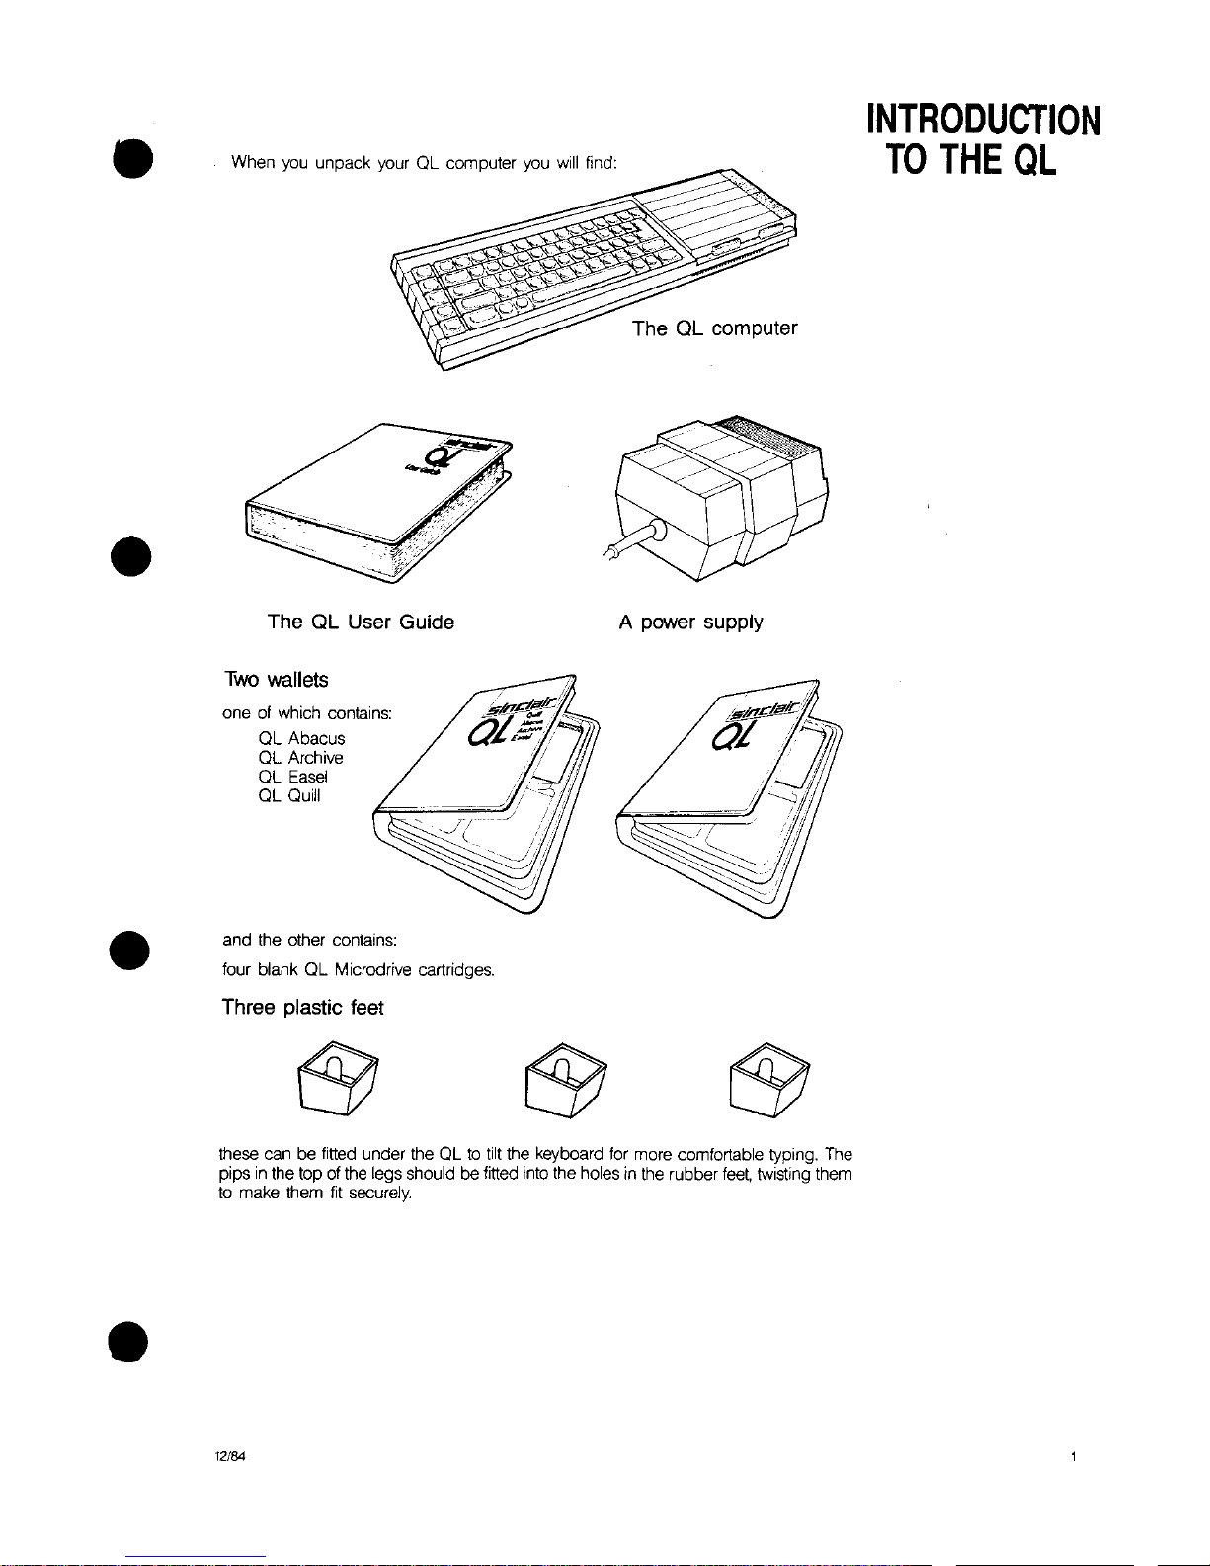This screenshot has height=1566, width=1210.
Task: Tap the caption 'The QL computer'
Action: point(714,329)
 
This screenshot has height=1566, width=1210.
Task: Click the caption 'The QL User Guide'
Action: point(361,622)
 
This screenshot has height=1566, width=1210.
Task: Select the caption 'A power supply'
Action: point(690,622)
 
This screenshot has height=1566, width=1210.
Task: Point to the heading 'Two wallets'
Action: point(276,680)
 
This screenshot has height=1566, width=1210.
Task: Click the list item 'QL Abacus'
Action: point(301,739)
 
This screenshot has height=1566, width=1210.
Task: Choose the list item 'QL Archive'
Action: point(300,758)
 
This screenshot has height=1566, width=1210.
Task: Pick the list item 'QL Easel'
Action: point(292,777)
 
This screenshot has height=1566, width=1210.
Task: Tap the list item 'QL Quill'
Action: point(288,796)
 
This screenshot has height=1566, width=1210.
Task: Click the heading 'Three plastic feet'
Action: point(302,1008)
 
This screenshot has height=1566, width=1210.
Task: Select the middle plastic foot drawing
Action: point(565,1079)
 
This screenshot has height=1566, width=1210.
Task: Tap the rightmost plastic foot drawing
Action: point(768,1079)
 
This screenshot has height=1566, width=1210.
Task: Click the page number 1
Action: point(1073,1456)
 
